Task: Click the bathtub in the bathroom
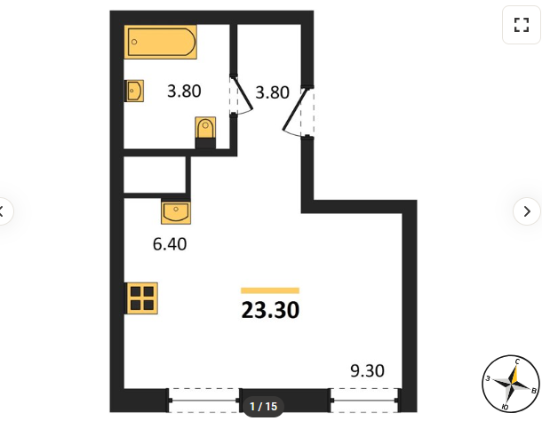pyautogui.click(x=161, y=42)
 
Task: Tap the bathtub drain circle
pyautogui.click(x=134, y=42)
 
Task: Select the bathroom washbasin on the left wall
pyautogui.click(x=134, y=91)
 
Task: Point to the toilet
pyautogui.click(x=205, y=132)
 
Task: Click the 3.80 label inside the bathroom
pyautogui.click(x=184, y=91)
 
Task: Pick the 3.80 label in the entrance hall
pyautogui.click(x=272, y=92)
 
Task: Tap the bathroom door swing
pyautogui.click(x=242, y=94)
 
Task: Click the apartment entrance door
pyautogui.click(x=298, y=111)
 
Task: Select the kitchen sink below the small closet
pyautogui.click(x=176, y=212)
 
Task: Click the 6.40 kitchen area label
pyautogui.click(x=170, y=244)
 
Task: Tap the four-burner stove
pyautogui.click(x=142, y=298)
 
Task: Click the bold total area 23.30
pyautogui.click(x=270, y=310)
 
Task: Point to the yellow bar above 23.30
pyautogui.click(x=270, y=290)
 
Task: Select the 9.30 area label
pyautogui.click(x=367, y=370)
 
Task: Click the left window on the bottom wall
pyautogui.click(x=204, y=401)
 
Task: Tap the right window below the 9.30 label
pyautogui.click(x=364, y=401)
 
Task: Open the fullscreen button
pyautogui.click(x=522, y=25)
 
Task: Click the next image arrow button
pyautogui.click(x=527, y=211)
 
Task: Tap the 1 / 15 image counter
pyautogui.click(x=263, y=406)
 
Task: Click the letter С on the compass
pyautogui.click(x=517, y=361)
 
